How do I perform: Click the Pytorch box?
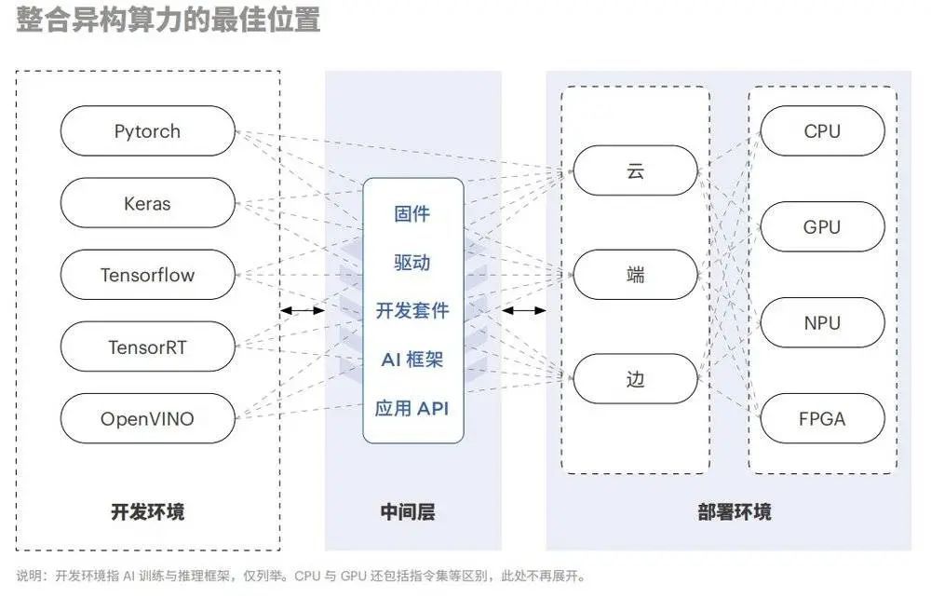click(x=147, y=131)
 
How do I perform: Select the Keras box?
click(x=147, y=203)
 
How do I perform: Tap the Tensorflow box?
click(x=147, y=276)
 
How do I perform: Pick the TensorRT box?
click(x=147, y=347)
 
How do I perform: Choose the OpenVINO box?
click(x=147, y=419)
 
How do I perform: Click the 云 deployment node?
click(x=636, y=170)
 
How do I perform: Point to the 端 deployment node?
click(x=636, y=276)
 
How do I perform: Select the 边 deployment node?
click(x=636, y=380)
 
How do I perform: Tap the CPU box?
click(x=822, y=131)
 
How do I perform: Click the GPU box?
click(x=822, y=227)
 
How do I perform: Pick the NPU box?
click(x=822, y=323)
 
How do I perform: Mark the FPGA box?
click(x=822, y=419)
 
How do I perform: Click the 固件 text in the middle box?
click(x=412, y=214)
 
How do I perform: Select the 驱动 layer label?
click(x=412, y=263)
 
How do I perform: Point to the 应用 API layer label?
click(x=412, y=408)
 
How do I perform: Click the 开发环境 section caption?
click(x=147, y=511)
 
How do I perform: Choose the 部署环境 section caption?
click(x=734, y=511)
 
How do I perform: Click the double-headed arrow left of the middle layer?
click(x=303, y=310)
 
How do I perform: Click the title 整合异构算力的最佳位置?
click(x=168, y=19)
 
